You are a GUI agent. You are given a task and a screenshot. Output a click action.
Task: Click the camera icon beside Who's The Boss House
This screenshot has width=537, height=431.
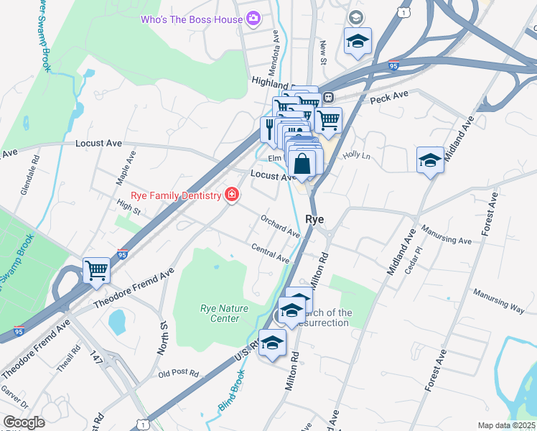click(x=253, y=19)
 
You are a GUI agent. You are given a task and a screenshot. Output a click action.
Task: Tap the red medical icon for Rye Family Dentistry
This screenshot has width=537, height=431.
click(x=231, y=195)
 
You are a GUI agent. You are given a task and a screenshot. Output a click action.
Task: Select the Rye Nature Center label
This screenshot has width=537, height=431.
click(x=224, y=313)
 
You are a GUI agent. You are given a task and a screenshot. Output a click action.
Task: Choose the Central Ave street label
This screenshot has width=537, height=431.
click(x=271, y=253)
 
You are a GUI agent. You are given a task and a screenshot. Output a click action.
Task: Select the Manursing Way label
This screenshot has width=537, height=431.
click(x=498, y=300)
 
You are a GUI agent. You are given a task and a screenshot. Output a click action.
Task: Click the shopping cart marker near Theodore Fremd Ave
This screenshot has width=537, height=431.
click(x=96, y=271)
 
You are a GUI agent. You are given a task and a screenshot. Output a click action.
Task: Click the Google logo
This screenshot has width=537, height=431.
click(x=24, y=422)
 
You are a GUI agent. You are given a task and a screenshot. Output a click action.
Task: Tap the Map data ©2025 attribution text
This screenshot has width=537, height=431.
click(x=506, y=425)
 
